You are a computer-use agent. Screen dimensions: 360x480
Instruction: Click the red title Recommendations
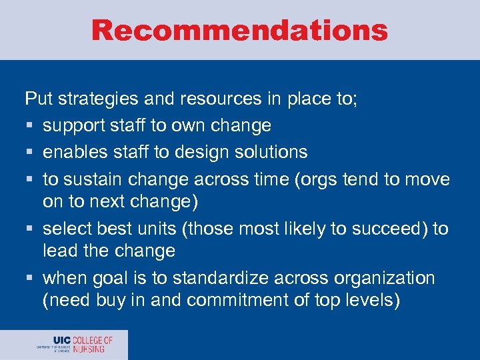pos(239,30)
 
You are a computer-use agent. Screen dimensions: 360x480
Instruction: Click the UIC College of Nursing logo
pos(75,345)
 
